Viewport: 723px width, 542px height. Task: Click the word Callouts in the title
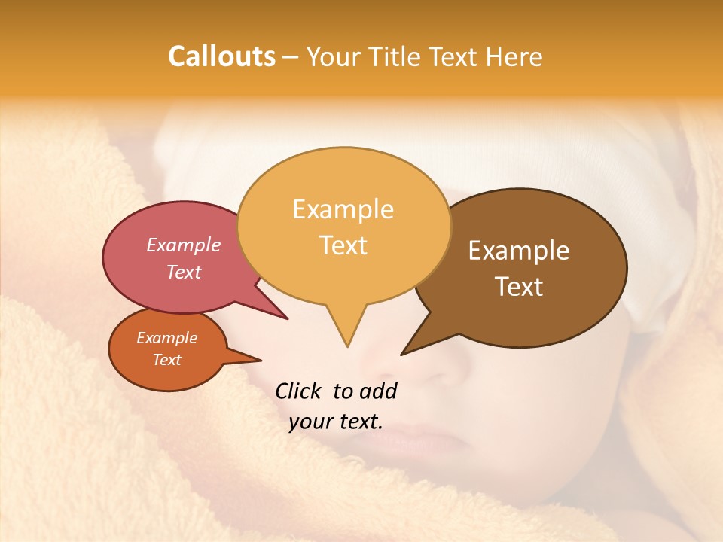(x=221, y=56)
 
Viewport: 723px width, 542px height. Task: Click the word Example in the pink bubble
(x=183, y=245)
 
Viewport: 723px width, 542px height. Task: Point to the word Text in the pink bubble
(x=183, y=272)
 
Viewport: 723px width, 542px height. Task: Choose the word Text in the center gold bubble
(x=343, y=245)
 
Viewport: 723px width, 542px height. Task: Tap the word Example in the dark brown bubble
(x=519, y=250)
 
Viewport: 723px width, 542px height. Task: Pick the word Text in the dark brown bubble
(x=519, y=286)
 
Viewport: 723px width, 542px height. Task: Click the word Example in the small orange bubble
(x=166, y=338)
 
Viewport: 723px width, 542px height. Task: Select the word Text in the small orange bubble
(x=166, y=360)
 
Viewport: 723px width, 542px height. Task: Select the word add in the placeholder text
(x=378, y=391)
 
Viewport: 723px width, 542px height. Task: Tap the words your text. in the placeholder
(x=335, y=422)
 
